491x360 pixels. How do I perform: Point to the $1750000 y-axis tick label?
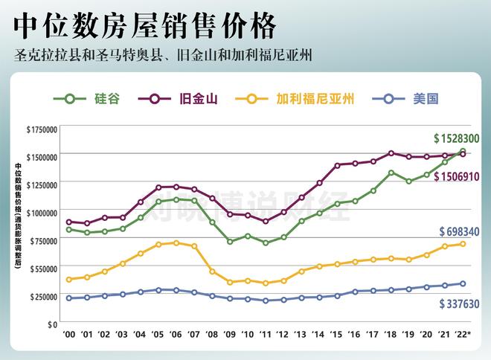(42, 129)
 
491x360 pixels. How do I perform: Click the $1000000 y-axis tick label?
(42, 213)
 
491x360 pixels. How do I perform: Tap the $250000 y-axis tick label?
(43, 296)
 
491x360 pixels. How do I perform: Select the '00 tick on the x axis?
(69, 335)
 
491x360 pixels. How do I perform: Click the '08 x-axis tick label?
(212, 335)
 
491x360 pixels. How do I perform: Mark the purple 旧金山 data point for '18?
(391, 153)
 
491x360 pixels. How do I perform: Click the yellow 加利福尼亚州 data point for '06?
(176, 242)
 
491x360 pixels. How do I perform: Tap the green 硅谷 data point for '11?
(266, 242)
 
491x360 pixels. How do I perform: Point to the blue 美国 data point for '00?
(69, 298)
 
